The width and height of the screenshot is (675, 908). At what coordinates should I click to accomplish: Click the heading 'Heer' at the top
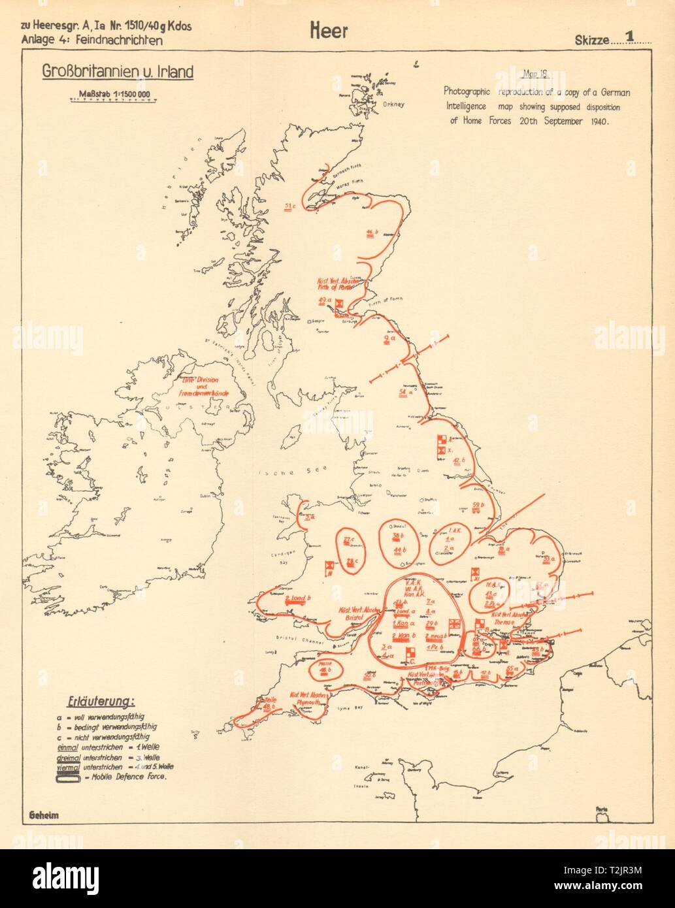pos(330,31)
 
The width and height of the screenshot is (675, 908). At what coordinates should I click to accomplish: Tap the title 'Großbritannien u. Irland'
pos(118,71)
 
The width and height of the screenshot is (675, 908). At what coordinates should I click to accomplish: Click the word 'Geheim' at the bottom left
pos(44,815)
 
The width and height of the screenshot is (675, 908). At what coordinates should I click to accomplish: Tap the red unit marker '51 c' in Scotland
pos(291,208)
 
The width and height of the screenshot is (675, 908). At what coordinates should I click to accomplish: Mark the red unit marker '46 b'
pos(373,233)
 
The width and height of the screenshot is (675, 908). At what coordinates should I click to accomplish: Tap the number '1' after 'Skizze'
pos(630,37)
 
